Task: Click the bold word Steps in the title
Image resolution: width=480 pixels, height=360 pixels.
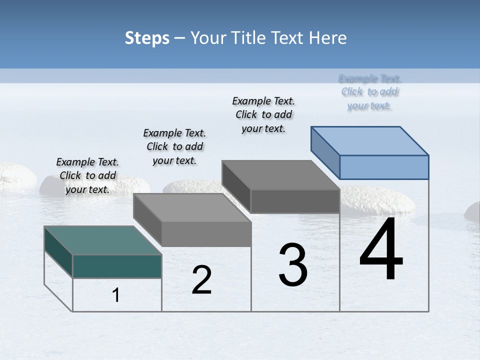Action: coord(147,38)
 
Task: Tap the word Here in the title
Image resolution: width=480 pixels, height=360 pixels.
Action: coord(327,38)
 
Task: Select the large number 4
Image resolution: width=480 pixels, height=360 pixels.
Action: coord(381,249)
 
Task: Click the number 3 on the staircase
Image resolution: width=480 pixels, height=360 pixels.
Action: coord(293,265)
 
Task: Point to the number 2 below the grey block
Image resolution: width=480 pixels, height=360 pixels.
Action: coord(201,280)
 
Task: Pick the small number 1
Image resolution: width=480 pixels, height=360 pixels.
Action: coord(116,295)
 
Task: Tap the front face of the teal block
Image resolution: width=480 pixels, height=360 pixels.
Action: coord(117,266)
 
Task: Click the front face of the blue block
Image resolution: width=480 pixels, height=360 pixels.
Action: coord(384,167)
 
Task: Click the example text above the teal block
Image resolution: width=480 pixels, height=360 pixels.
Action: coord(87,175)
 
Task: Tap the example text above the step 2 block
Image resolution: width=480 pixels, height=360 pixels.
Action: coord(174,146)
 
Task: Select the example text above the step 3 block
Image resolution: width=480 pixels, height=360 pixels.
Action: coord(263,114)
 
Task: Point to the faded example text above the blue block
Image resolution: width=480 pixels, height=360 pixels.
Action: coord(369,92)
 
